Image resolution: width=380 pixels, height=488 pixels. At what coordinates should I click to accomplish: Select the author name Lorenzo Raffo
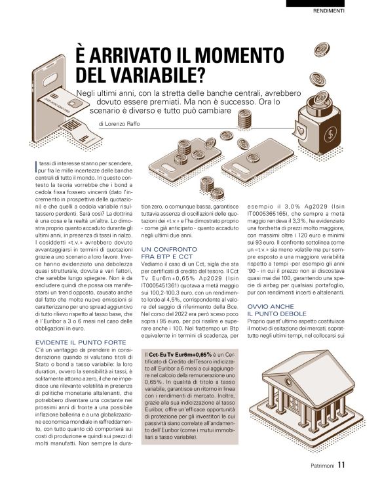130,124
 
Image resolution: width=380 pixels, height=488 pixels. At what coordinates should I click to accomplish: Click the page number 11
341,467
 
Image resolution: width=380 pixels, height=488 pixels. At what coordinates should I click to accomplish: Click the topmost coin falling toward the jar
320,50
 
